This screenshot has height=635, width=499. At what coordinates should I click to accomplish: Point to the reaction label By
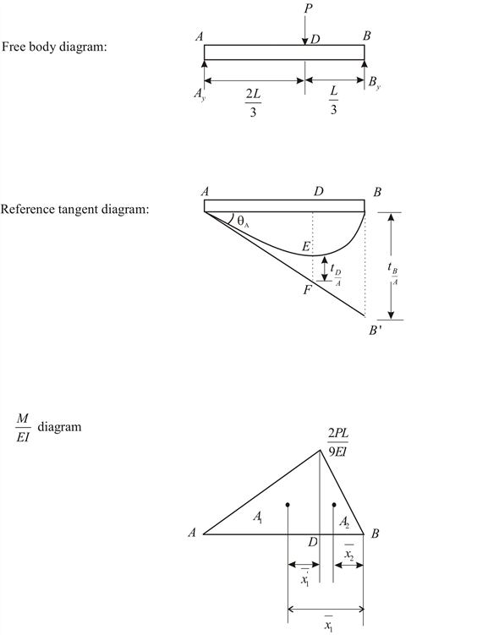(x=374, y=82)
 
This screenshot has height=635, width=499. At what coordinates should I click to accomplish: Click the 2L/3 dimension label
(x=253, y=101)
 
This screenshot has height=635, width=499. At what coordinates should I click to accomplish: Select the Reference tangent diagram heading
(x=75, y=208)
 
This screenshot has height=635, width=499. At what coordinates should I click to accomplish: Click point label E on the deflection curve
(x=306, y=246)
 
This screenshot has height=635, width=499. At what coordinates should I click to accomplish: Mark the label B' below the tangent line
(x=374, y=331)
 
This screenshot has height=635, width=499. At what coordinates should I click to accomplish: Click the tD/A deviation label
(x=336, y=272)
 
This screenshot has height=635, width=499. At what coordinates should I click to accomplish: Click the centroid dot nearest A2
(x=334, y=506)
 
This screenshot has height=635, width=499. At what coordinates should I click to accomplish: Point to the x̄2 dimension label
(x=348, y=554)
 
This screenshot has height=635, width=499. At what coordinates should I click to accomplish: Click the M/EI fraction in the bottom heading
(x=26, y=429)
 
